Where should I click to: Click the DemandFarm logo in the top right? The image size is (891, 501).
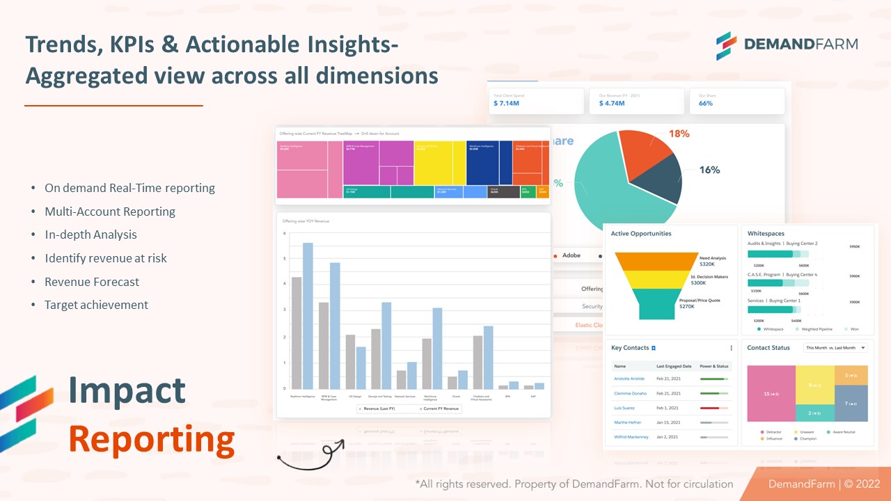787,45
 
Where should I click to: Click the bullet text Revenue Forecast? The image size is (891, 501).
92,282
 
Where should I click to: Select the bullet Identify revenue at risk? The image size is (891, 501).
106,258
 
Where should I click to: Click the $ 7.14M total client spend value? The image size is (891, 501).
507,104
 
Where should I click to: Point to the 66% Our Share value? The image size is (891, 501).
706,104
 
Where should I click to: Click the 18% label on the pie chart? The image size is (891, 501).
679,134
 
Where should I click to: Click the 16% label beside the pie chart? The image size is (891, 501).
709,170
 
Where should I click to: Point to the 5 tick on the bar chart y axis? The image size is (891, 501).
284,259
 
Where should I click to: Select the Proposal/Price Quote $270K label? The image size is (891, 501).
700,303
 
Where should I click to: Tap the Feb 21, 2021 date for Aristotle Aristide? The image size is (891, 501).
668,379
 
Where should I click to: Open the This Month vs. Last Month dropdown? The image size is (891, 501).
835,348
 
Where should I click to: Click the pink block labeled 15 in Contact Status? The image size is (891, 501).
771,394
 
